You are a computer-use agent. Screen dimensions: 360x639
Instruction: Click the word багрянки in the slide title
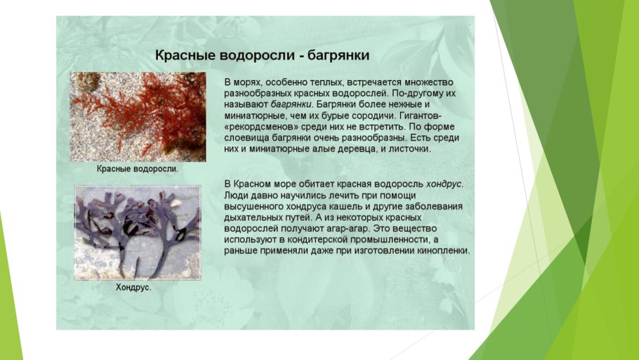pos(335,55)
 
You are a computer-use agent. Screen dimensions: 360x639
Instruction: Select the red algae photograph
pos(138,117)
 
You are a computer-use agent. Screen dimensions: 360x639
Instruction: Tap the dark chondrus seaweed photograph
pos(138,232)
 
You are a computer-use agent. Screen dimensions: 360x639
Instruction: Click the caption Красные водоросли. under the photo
pos(138,169)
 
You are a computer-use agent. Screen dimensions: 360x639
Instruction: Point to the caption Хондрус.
pos(133,287)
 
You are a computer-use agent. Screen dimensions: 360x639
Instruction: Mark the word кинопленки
pos(444,251)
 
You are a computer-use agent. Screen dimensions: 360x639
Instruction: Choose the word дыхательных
pos(254,217)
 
